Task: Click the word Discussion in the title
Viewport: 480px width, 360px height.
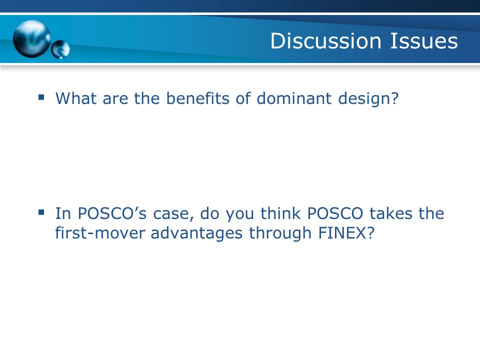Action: [325, 40]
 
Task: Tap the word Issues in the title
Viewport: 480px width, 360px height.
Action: [424, 40]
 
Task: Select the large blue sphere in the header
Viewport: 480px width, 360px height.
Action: [32, 39]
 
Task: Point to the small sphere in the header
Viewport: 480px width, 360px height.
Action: [60, 49]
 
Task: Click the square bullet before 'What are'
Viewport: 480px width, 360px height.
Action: [41, 97]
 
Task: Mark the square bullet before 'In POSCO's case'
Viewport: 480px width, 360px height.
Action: [41, 212]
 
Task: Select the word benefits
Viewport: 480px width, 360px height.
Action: [198, 98]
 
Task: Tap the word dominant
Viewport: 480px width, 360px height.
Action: [294, 98]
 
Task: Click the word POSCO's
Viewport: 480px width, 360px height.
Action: [112, 213]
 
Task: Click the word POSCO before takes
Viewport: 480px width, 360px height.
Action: [335, 213]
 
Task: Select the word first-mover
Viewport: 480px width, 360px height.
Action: [100, 233]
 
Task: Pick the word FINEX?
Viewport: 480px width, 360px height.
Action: [346, 233]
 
